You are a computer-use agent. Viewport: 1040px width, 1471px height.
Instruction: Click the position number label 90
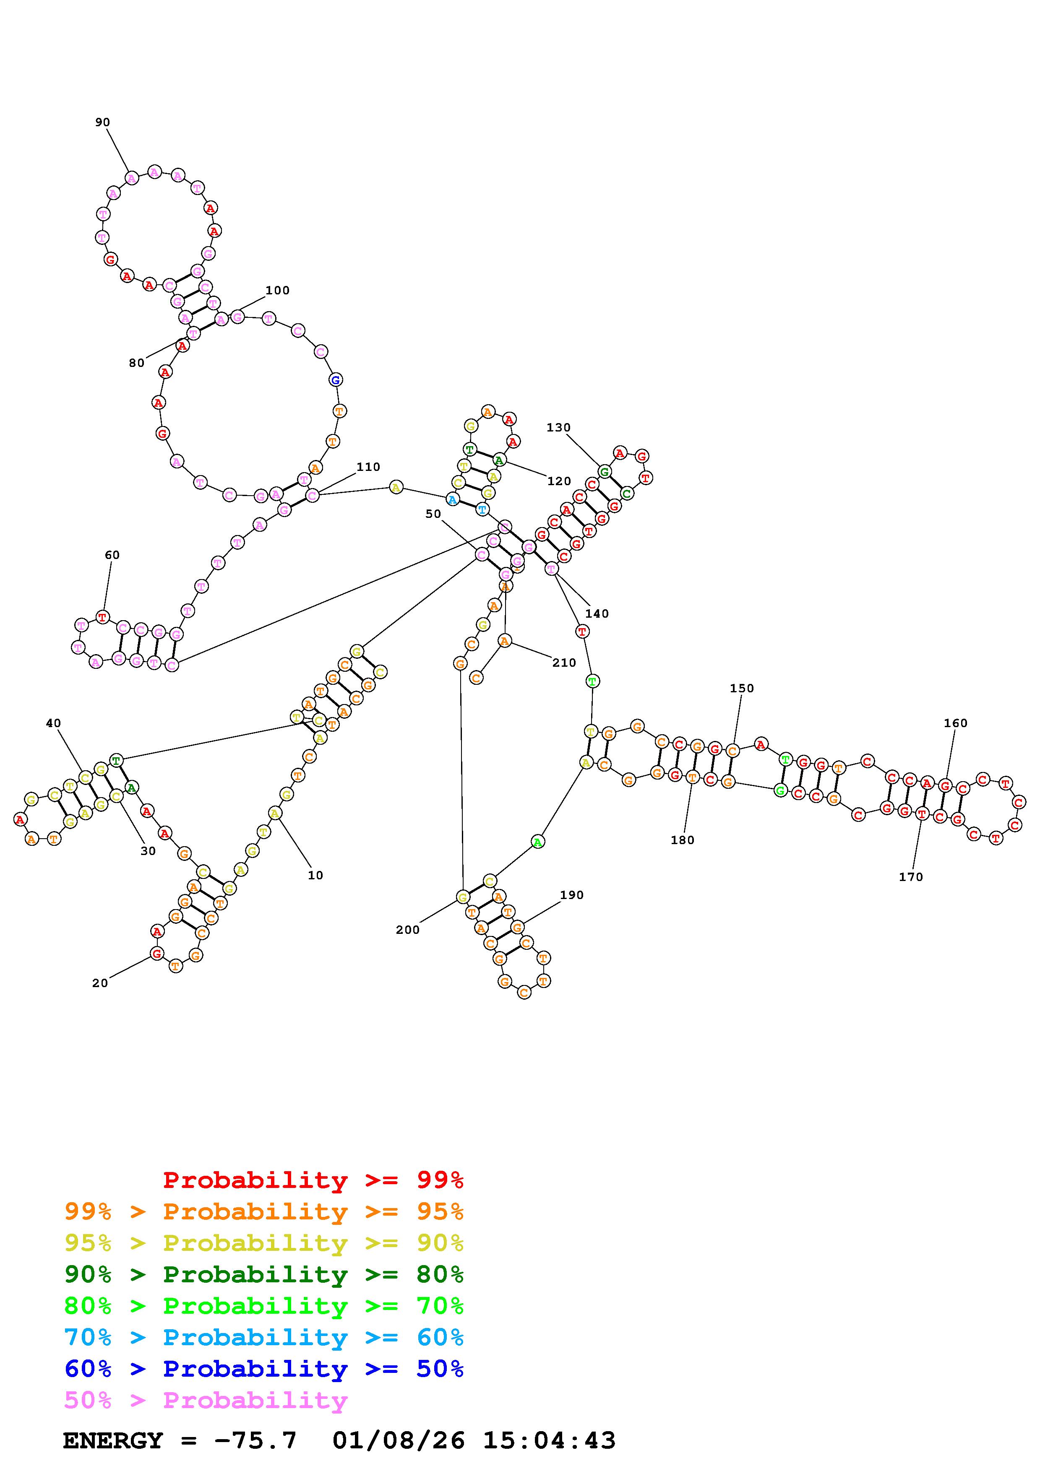point(102,122)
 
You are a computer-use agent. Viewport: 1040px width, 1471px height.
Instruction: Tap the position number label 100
point(277,290)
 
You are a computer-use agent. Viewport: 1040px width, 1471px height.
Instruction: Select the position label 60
point(112,555)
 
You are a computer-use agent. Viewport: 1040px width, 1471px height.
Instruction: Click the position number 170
point(910,877)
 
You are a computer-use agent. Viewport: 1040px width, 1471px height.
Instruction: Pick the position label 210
point(564,663)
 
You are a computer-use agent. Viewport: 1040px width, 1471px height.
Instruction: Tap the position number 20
point(100,983)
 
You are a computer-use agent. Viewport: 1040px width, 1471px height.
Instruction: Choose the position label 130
point(558,427)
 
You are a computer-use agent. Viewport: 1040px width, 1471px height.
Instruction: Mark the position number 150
point(742,688)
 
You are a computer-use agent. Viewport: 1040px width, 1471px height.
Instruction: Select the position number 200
point(407,930)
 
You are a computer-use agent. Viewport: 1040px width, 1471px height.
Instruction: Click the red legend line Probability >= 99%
point(313,1180)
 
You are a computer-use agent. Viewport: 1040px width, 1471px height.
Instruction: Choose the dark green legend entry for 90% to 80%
point(263,1274)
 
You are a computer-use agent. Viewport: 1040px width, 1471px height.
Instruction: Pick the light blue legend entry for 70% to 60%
point(263,1338)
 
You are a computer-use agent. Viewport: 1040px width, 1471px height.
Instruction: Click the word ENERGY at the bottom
point(113,1441)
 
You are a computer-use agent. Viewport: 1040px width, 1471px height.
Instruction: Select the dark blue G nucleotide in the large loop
point(334,380)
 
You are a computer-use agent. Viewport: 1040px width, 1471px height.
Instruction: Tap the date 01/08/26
point(399,1441)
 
